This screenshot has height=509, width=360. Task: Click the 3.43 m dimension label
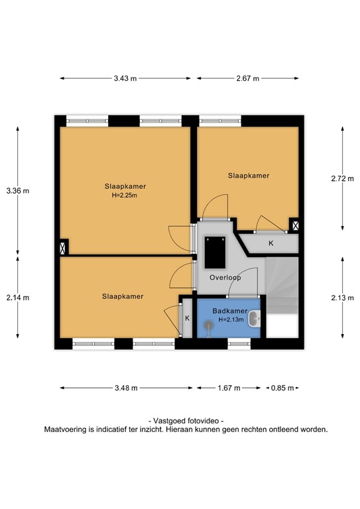125,78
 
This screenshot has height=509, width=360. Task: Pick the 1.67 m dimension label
229,388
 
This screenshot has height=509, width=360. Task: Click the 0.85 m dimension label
282,388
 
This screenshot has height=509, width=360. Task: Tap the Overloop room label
224,277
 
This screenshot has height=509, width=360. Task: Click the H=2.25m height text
124,196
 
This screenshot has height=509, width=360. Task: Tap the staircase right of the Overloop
283,285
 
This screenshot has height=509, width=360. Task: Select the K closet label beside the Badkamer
188,318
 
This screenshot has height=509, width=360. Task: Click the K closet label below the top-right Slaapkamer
270,244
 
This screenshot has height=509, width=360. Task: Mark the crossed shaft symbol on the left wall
63,249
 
